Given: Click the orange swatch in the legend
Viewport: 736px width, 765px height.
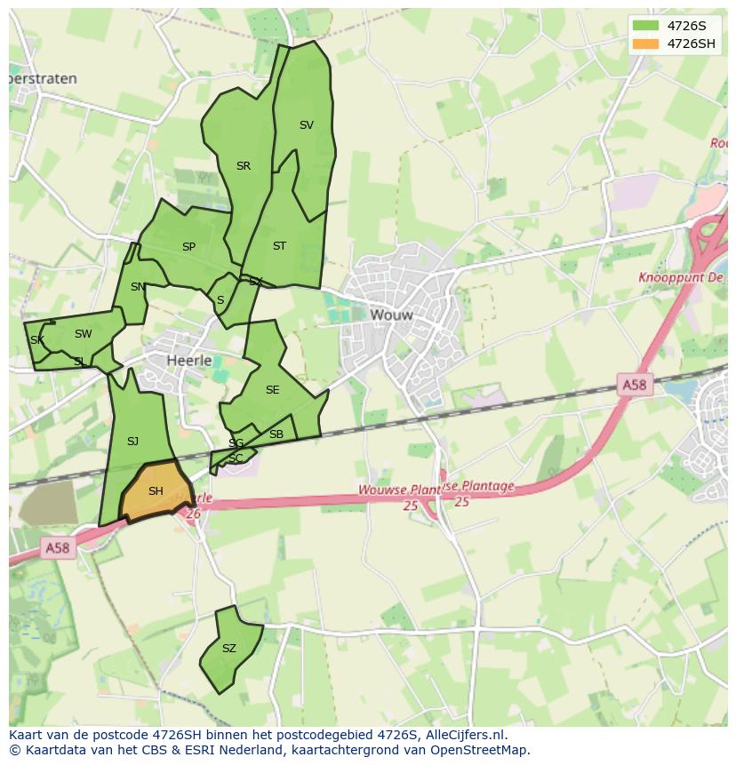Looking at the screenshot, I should point(646,44).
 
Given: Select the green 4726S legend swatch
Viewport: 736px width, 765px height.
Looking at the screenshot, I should point(646,26).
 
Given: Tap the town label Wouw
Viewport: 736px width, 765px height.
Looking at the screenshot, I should point(392,315).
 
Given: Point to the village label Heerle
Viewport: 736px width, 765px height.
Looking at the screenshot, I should point(189,360).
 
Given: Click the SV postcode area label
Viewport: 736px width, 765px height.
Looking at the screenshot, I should point(307,125).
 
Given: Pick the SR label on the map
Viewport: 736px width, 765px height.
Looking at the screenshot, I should point(244,166).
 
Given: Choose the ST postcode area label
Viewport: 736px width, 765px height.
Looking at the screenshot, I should point(279,246).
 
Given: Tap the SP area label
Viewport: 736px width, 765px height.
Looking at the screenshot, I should point(188,247).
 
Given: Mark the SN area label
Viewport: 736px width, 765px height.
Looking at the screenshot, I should point(138,287).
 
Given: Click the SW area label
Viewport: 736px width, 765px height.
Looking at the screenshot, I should point(83,334).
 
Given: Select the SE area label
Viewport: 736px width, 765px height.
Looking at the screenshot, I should point(272,390).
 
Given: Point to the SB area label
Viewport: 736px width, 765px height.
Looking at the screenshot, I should point(276,434).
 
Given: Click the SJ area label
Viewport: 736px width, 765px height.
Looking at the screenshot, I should point(132,442).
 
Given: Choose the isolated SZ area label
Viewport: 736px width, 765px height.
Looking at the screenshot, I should point(229,649).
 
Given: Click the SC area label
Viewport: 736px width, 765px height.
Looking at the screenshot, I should point(236,458).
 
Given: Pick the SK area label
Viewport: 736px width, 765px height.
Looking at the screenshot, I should point(36,340).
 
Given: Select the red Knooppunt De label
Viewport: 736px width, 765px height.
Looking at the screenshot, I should point(682,278).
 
